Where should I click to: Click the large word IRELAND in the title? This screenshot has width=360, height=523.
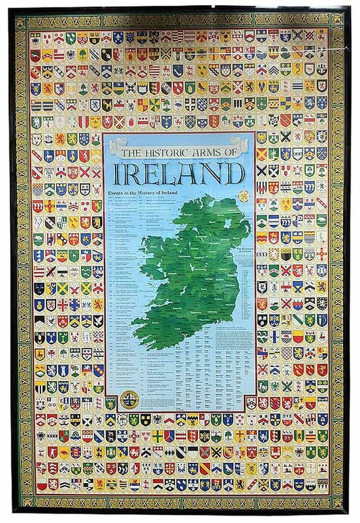click(179, 173)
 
